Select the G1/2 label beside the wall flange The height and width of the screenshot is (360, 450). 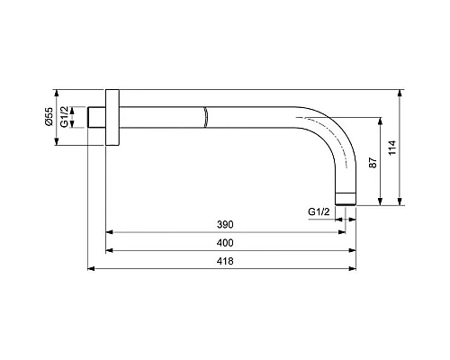(x=65, y=117)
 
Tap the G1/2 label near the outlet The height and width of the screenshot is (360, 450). (x=318, y=211)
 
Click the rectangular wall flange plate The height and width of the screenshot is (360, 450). (x=112, y=118)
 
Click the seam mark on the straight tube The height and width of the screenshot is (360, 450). (x=205, y=118)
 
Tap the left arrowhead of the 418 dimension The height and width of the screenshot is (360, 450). (x=92, y=268)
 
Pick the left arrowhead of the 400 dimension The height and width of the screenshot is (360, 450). (x=111, y=250)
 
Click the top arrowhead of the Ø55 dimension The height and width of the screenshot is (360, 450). (x=56, y=93)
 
